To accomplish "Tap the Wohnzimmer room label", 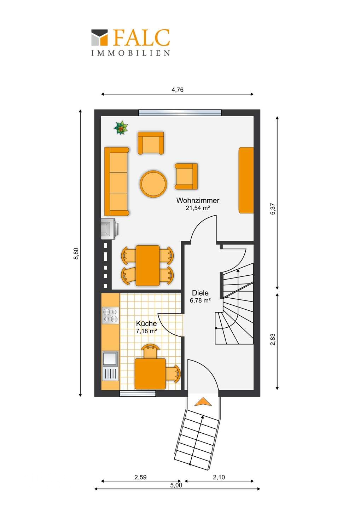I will (x=198, y=200).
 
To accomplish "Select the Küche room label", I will (x=146, y=323).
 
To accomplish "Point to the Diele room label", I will (x=200, y=293).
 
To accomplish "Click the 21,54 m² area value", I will (x=198, y=208).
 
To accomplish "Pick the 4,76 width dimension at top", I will (x=178, y=90).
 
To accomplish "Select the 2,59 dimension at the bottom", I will (x=140, y=477).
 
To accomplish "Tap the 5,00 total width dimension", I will (x=176, y=485).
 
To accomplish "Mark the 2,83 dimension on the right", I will (x=273, y=339).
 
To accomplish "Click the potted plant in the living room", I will (x=121, y=128).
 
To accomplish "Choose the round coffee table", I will (x=153, y=184).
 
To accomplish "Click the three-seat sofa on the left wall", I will (x=116, y=182).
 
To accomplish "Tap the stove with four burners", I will (x=110, y=315).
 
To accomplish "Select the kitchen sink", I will (x=110, y=358).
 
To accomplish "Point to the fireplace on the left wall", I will (x=108, y=229).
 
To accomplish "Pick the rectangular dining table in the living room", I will (x=147, y=265).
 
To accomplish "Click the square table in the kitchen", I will (x=150, y=374).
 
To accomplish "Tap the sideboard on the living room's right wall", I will (x=246, y=180).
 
